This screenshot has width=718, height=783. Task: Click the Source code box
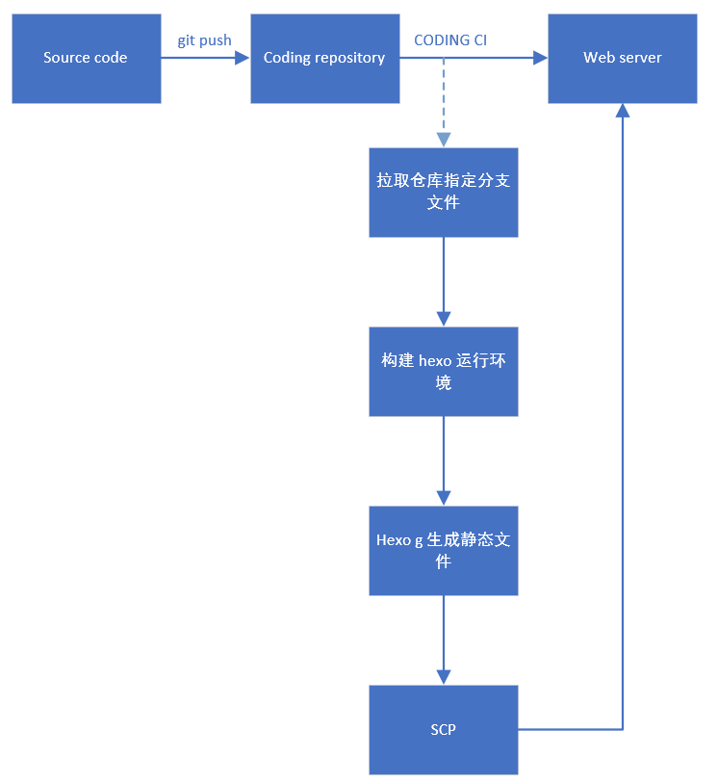click(86, 58)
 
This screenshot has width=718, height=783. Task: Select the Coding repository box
click(324, 58)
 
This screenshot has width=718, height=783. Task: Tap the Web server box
click(622, 58)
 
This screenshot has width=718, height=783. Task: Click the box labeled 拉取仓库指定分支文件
click(443, 192)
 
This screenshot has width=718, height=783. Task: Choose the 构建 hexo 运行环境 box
click(443, 371)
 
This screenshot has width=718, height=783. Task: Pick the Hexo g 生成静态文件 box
click(443, 550)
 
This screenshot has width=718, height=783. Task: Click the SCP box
click(443, 729)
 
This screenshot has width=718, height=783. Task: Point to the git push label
click(204, 40)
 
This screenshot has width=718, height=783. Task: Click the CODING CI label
click(450, 40)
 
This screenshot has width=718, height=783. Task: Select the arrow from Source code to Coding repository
click(204, 58)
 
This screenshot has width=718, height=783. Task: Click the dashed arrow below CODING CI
click(443, 101)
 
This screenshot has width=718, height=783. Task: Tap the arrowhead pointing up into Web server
click(623, 112)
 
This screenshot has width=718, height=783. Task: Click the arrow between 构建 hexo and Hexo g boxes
click(443, 460)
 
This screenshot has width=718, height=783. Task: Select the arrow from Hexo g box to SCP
click(443, 639)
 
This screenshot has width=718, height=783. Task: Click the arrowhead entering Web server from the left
click(540, 58)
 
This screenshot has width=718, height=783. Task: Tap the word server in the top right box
click(642, 58)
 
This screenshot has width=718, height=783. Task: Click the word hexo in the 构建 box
click(435, 360)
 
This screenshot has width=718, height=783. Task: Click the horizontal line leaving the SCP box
click(570, 729)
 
